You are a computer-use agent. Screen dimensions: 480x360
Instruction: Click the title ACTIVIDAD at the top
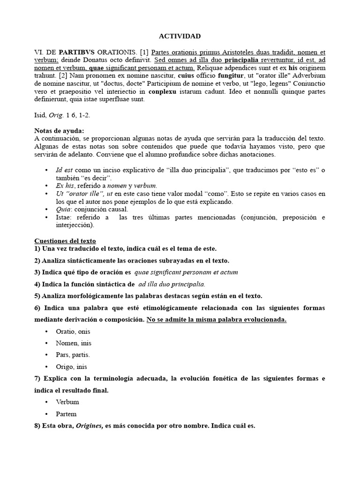[180, 36]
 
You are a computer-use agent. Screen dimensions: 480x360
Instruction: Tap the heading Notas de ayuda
[60, 131]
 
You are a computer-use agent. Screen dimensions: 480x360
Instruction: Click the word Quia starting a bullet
[63, 209]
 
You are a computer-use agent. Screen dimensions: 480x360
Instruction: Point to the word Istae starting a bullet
[64, 217]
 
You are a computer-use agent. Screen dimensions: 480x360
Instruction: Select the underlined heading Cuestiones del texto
[65, 240]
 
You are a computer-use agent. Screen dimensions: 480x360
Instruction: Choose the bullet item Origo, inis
[71, 367]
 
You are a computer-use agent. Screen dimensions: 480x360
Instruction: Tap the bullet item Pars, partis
[73, 355]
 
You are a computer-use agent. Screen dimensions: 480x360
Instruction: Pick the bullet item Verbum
[67, 402]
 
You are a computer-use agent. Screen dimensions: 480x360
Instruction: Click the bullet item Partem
[66, 414]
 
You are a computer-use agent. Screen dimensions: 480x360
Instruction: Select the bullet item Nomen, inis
[73, 343]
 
